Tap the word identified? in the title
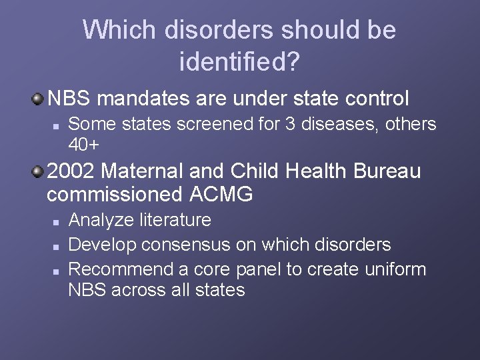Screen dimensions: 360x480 coord(239,63)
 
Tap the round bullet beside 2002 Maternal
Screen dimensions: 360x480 coord(39,172)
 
